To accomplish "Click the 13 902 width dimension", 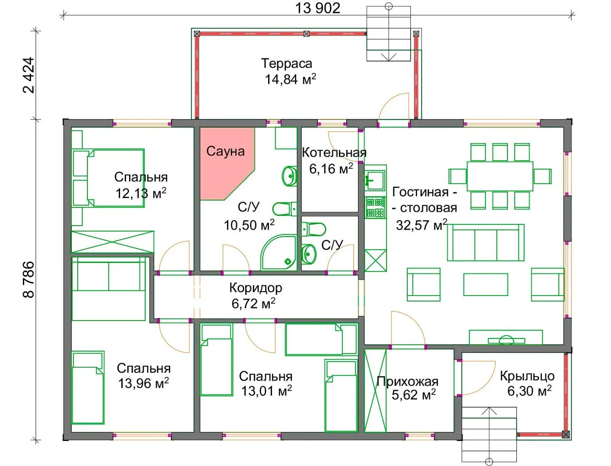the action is click(317, 8).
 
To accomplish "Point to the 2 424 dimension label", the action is click(28, 75).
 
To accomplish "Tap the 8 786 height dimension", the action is click(28, 280).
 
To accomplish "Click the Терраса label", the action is click(287, 63).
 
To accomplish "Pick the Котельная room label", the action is click(334, 153).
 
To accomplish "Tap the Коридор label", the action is click(256, 288).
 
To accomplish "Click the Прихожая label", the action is click(408, 382).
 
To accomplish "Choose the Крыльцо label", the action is click(527, 376).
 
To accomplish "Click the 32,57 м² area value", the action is click(422, 225).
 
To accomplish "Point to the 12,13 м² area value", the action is click(141, 193).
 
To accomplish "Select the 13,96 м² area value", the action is click(143, 383).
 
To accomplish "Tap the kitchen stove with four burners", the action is click(376, 208).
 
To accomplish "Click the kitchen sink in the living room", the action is click(375, 180).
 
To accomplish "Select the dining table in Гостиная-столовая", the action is click(500, 176).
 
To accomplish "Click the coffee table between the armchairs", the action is click(486, 284).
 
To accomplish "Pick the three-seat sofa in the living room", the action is click(486, 242).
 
